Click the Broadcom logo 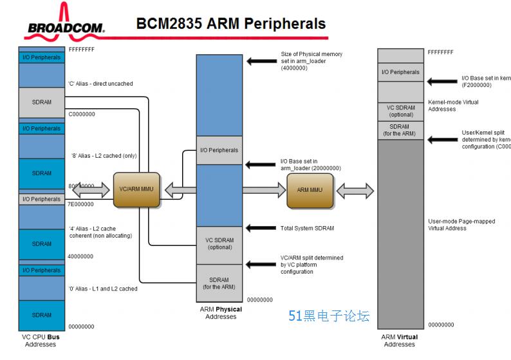point(64,23)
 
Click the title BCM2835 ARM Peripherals point(231,24)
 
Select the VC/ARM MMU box point(136,189)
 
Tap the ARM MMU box point(310,190)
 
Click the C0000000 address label point(82,114)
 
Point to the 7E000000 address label point(81,204)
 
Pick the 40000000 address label point(81,256)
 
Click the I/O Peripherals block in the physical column point(219,150)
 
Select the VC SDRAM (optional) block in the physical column point(219,244)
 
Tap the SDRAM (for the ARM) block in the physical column point(219,283)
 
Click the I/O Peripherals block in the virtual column point(400,72)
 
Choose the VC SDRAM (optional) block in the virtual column point(400,111)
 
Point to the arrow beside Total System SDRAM point(261,228)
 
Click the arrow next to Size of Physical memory point(261,61)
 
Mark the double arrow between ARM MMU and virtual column point(355,190)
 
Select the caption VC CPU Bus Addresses point(41,340)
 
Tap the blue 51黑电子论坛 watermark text point(329,316)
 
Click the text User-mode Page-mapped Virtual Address point(461,225)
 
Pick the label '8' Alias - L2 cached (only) point(104,156)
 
